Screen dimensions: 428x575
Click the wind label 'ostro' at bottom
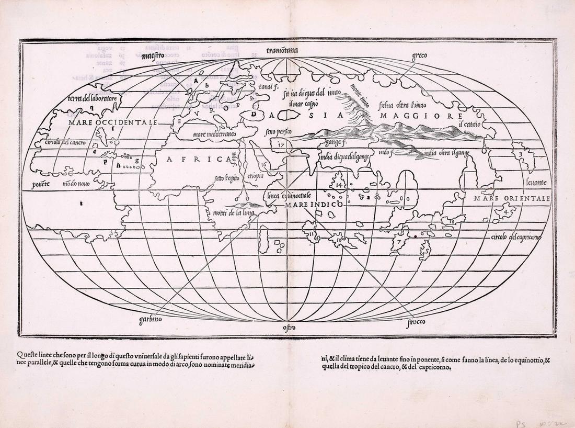[289, 328]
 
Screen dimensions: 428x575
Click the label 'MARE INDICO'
[314, 205]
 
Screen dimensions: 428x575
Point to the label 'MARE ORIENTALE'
[511, 198]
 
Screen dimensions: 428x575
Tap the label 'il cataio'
[469, 124]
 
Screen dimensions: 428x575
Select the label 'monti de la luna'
[233, 212]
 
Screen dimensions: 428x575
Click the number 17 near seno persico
[281, 144]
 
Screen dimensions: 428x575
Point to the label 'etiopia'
[256, 176]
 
